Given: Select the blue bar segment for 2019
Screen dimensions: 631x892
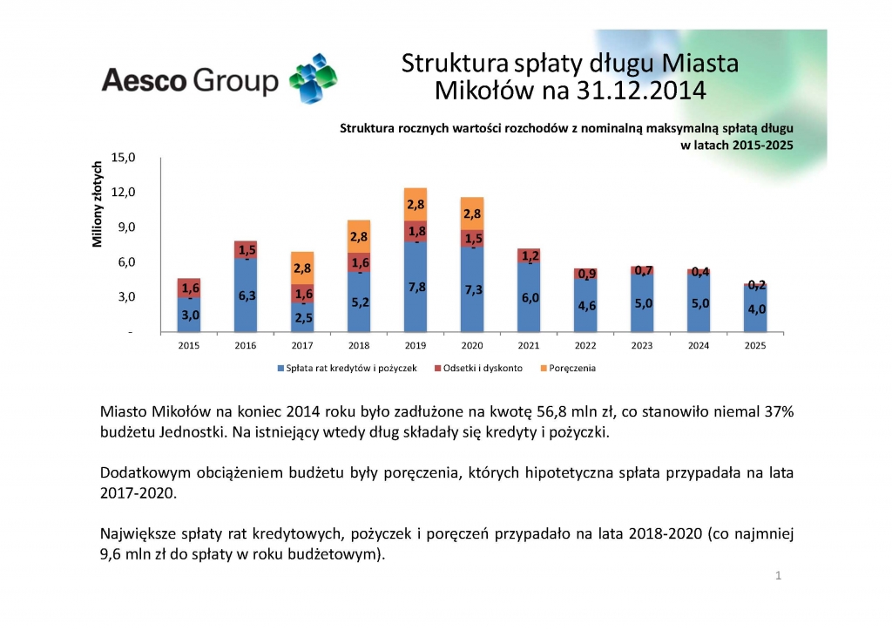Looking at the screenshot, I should [416, 288].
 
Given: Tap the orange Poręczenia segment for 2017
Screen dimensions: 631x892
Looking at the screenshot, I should [302, 268].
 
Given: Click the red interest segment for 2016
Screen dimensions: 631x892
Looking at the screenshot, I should [247, 250].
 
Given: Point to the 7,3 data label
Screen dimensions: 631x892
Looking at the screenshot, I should [473, 290].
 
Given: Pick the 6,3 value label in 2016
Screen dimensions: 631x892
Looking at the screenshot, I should [247, 295].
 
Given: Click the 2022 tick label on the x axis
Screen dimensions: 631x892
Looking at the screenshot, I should [585, 345].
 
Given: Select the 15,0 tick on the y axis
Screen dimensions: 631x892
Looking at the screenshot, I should [125, 158].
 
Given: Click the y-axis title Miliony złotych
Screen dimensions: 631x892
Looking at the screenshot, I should [98, 204].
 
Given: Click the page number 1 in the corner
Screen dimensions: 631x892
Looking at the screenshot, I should [778, 576].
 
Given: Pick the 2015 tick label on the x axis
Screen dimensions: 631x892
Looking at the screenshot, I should [190, 345].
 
